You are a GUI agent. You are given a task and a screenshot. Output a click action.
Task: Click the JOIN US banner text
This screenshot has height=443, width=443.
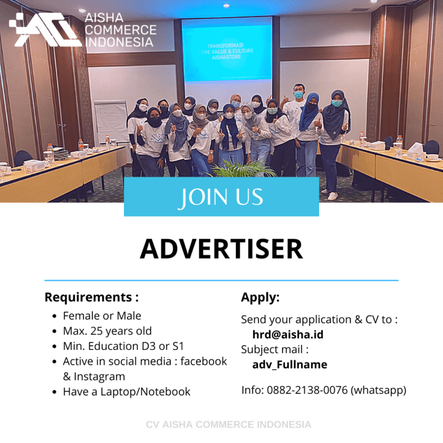click(221, 197)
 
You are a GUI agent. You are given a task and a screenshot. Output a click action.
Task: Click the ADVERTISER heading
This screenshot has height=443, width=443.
click(221, 249)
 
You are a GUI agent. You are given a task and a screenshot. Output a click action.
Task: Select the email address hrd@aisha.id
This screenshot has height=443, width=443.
click(287, 334)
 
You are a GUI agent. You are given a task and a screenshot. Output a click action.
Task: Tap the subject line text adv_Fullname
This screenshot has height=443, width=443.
click(289, 364)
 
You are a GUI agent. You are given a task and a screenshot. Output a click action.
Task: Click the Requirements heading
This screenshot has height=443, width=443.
click(91, 297)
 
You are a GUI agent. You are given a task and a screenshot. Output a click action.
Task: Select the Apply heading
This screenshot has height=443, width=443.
click(260, 297)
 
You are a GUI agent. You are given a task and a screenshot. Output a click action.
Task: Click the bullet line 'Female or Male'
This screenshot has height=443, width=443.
click(102, 316)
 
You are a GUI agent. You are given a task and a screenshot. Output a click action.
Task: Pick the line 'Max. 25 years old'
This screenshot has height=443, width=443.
click(107, 331)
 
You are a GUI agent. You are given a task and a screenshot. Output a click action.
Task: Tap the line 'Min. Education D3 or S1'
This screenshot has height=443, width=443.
click(123, 346)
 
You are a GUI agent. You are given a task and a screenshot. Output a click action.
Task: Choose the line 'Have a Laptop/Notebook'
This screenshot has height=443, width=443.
click(126, 392)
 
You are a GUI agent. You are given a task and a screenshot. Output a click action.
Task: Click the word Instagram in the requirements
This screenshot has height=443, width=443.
click(100, 377)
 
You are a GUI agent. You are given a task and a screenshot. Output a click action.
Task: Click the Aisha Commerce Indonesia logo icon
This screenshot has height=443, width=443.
click(44, 29)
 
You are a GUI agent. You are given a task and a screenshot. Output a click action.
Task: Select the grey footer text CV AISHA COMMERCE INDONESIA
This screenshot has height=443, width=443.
click(228, 425)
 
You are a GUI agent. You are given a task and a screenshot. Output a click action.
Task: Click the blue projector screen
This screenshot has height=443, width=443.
click(227, 50)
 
